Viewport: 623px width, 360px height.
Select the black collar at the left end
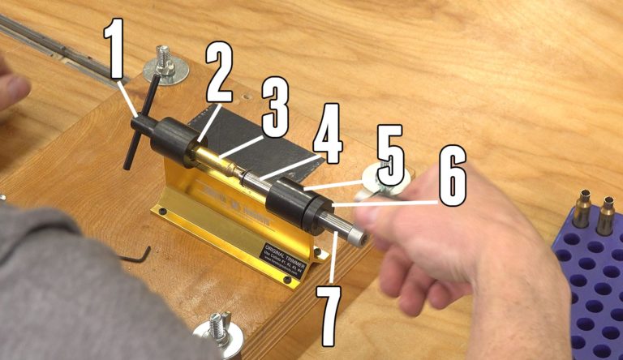(173, 139)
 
